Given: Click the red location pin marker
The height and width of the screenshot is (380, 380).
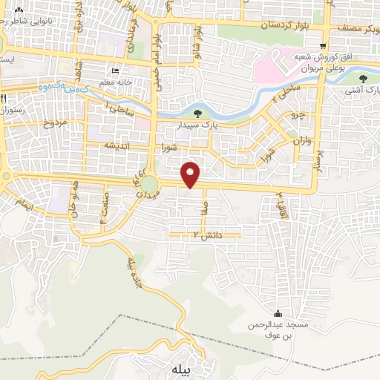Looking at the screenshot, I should [x=191, y=174].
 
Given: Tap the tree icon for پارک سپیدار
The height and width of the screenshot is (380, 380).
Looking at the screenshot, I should [x=197, y=114].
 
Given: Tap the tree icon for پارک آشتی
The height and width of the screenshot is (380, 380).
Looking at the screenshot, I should [x=363, y=78].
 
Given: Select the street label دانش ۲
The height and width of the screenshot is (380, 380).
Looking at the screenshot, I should [x=206, y=235].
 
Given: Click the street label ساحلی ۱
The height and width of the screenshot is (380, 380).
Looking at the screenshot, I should [x=121, y=109].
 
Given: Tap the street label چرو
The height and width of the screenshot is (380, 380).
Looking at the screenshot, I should [x=297, y=116].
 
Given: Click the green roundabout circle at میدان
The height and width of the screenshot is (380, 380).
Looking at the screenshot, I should [x=151, y=183].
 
